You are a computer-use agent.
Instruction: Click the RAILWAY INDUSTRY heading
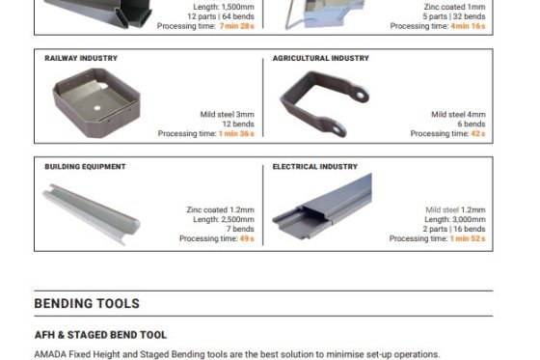81,58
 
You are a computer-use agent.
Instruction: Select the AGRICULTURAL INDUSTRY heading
320,58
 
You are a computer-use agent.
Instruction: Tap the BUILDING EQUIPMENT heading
85,167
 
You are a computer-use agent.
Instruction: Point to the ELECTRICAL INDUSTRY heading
314,167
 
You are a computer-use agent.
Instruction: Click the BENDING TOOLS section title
87,303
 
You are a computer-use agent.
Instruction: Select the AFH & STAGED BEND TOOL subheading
100,335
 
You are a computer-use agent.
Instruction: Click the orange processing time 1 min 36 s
236,133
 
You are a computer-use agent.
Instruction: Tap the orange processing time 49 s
247,238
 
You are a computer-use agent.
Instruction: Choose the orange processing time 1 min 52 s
468,238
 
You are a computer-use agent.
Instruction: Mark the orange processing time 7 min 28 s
236,26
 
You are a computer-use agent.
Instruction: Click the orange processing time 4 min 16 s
468,26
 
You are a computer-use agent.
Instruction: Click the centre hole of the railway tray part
97,108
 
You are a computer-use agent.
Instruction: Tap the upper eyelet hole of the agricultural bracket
361,95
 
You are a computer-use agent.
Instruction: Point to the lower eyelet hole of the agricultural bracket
337,129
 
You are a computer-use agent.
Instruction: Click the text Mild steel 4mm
458,114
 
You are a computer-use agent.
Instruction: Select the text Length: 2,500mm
224,219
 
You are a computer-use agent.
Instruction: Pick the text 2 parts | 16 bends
454,229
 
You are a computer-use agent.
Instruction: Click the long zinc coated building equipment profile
92,214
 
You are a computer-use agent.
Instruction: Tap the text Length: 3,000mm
455,219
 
